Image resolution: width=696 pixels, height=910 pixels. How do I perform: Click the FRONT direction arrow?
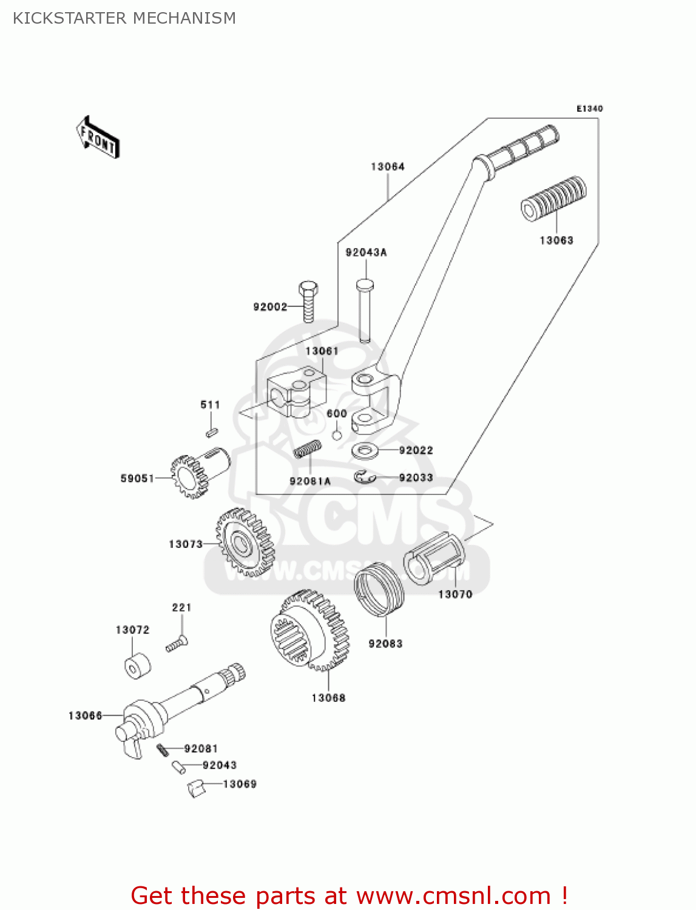97,138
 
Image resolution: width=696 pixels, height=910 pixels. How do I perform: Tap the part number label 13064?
387,166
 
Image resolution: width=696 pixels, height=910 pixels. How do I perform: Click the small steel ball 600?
337,436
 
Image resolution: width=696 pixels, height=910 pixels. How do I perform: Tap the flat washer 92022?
365,451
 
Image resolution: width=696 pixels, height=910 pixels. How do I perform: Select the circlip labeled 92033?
365,477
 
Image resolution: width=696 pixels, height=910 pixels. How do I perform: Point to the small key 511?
211,432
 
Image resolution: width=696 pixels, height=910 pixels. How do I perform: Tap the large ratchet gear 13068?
309,631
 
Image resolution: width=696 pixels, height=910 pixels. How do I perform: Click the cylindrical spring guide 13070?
436,559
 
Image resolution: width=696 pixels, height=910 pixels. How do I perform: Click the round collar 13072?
137,666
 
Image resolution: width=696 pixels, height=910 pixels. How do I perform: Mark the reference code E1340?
589,109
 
